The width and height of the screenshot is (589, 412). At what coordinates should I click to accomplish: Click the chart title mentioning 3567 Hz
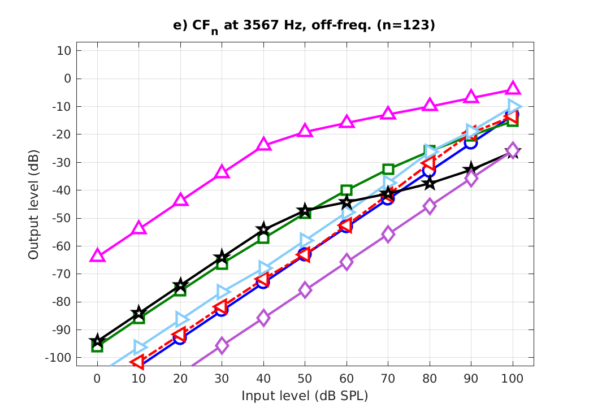(304, 26)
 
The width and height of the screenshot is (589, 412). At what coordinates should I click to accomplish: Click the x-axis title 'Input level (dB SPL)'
(305, 396)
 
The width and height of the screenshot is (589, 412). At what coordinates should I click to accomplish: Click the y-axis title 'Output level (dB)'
(34, 204)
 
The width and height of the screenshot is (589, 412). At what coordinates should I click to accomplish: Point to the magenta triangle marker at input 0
(97, 255)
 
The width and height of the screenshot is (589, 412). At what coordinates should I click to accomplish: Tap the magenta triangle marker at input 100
(513, 88)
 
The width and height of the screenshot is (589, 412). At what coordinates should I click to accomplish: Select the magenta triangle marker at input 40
(263, 144)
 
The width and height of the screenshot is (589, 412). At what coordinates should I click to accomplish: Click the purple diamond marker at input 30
(222, 345)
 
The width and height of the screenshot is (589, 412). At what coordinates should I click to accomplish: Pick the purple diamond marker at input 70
(388, 234)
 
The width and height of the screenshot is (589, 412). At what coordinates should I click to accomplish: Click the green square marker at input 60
(347, 190)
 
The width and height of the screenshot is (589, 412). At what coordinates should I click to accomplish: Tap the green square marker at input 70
(388, 169)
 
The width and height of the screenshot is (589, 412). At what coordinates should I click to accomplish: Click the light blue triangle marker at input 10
(140, 346)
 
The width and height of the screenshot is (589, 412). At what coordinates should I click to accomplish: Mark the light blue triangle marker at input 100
(514, 106)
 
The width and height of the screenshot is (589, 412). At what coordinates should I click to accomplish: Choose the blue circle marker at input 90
(471, 143)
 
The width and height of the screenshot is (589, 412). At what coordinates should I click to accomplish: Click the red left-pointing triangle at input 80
(428, 163)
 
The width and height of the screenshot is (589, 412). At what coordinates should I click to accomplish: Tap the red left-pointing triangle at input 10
(138, 362)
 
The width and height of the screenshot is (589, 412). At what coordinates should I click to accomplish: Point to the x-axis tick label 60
(347, 377)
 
